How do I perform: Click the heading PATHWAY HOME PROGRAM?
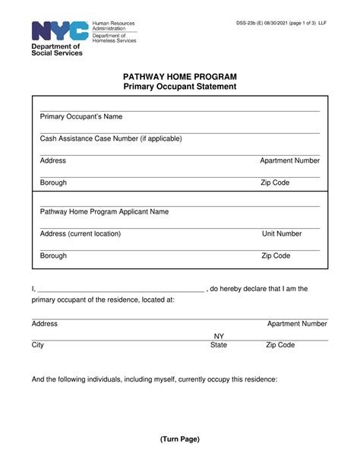coord(180,77)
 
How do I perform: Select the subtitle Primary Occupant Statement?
coord(180,87)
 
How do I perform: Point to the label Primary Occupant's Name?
coord(81,117)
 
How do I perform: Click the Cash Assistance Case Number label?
coord(111,139)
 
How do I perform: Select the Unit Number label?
coord(282,234)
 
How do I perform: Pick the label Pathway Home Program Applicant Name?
coord(104,212)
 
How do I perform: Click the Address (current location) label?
coord(81,234)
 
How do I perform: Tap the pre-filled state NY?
coord(219,336)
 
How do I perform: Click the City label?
coord(38,345)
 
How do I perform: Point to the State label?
coord(219,345)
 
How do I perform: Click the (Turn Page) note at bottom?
coord(180,439)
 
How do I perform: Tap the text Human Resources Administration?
coord(113,27)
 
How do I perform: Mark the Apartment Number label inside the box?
coord(289,161)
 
